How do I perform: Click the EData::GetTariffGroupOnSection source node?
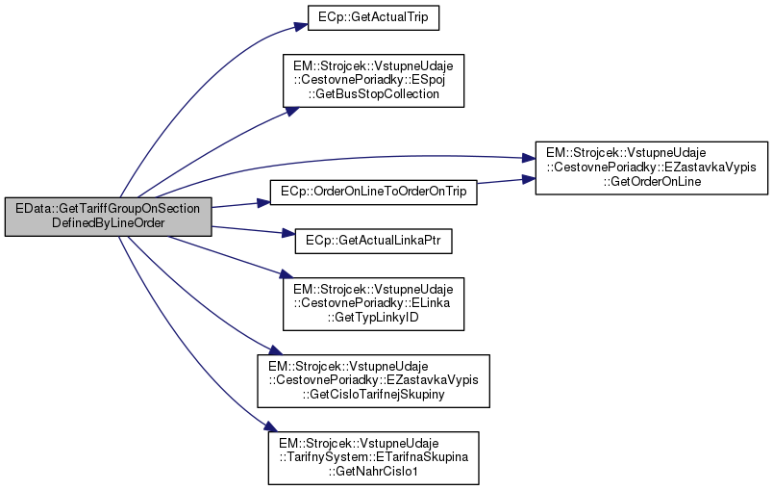tap(108, 216)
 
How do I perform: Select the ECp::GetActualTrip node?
tap(373, 16)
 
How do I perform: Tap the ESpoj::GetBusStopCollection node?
tap(373, 80)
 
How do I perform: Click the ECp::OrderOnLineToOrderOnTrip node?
tap(374, 193)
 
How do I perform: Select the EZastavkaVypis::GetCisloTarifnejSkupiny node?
tap(373, 379)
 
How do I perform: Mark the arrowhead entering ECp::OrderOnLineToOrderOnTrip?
tap(262, 203)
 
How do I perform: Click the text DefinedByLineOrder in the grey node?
tap(108, 223)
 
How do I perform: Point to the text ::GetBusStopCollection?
tap(373, 94)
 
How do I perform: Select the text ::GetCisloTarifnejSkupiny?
tap(373, 394)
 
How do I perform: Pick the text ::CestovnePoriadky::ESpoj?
tap(373, 80)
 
